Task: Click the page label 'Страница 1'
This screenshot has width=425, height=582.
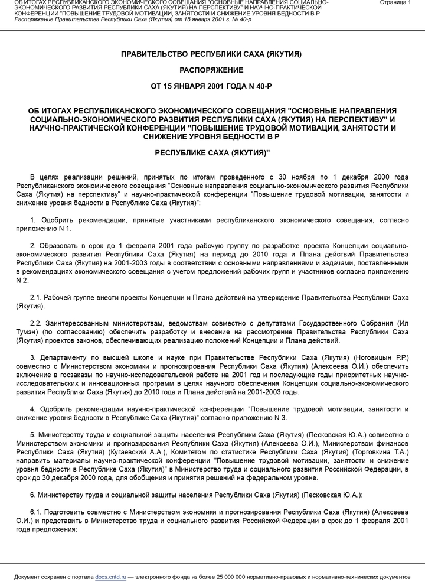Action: coord(395,3)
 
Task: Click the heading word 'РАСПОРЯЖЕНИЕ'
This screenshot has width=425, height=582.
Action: coord(211,70)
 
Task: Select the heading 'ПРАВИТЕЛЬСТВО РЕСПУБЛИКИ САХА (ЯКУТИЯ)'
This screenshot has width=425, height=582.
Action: coord(211,54)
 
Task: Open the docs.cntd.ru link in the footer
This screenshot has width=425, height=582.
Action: coord(111,576)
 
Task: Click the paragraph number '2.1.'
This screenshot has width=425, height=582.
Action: coord(36,298)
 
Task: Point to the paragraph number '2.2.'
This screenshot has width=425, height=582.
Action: coord(36,324)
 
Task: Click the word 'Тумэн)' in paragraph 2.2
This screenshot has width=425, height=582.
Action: coord(28,333)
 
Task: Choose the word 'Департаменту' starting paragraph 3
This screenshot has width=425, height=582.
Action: coord(63,358)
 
